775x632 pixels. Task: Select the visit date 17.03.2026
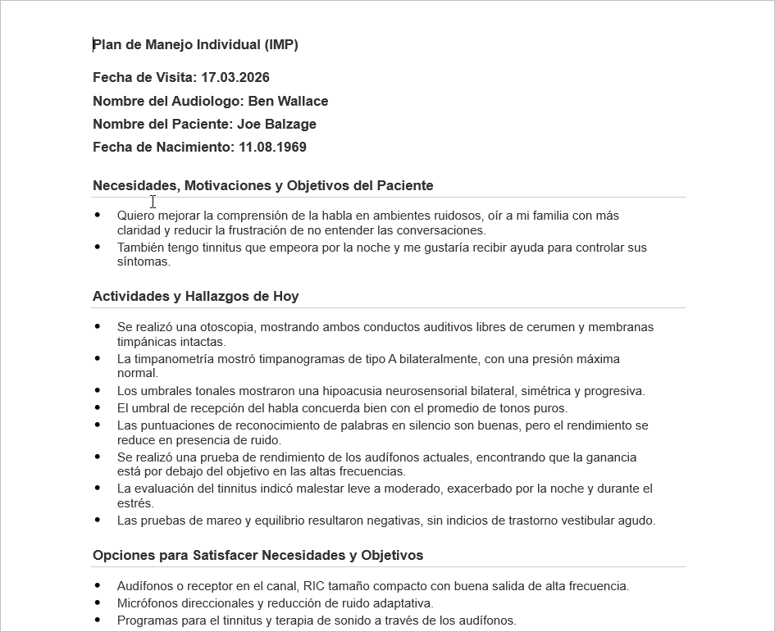235,78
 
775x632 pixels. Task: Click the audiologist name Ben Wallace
288,102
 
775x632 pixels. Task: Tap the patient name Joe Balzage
276,125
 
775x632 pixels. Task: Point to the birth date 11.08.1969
272,148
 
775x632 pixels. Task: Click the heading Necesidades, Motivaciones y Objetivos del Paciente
262,186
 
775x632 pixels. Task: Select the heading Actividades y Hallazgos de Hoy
195,297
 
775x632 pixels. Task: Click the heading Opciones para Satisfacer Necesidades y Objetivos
258,556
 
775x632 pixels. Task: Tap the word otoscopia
230,328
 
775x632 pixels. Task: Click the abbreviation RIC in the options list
314,587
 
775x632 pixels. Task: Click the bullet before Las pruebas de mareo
98,520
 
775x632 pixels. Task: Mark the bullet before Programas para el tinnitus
98,621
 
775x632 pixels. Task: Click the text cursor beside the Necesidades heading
153,202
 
